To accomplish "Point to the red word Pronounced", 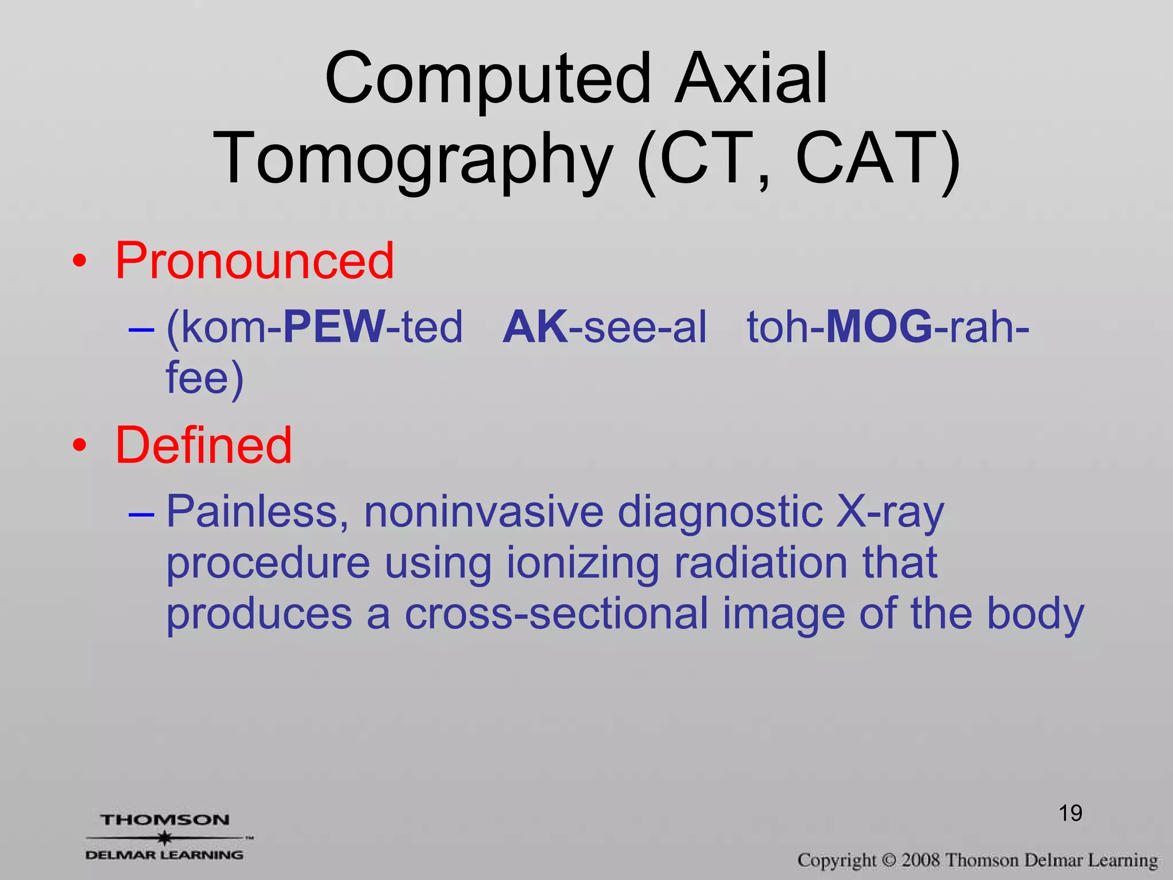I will coord(255,261).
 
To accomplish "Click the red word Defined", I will coord(204,445).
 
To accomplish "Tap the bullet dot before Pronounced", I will coord(80,262).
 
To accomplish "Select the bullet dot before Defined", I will coord(80,446).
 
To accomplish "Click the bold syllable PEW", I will coord(334,327).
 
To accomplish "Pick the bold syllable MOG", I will coord(879,327).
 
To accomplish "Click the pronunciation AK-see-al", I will coord(604,327).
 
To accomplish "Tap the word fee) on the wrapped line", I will coord(204,378).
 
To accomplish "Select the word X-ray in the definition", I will coord(889,511).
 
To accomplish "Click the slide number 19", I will coord(1070,813).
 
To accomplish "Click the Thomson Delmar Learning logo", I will coord(166,837).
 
